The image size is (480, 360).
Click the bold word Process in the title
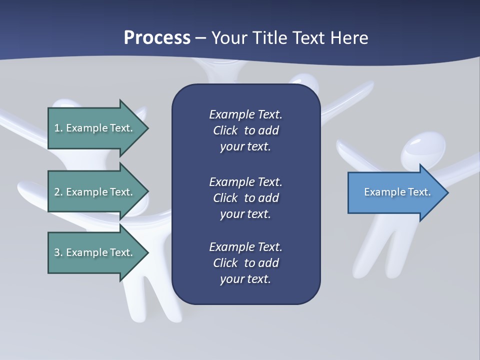coord(157,37)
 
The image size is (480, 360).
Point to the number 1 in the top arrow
coord(57,128)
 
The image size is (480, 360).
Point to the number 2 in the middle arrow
coord(57,192)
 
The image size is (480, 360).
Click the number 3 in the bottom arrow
coord(57,252)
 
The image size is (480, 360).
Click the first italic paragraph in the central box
coord(245,130)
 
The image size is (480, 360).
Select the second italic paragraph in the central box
coord(245,197)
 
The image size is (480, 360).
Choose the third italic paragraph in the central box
coord(245,263)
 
